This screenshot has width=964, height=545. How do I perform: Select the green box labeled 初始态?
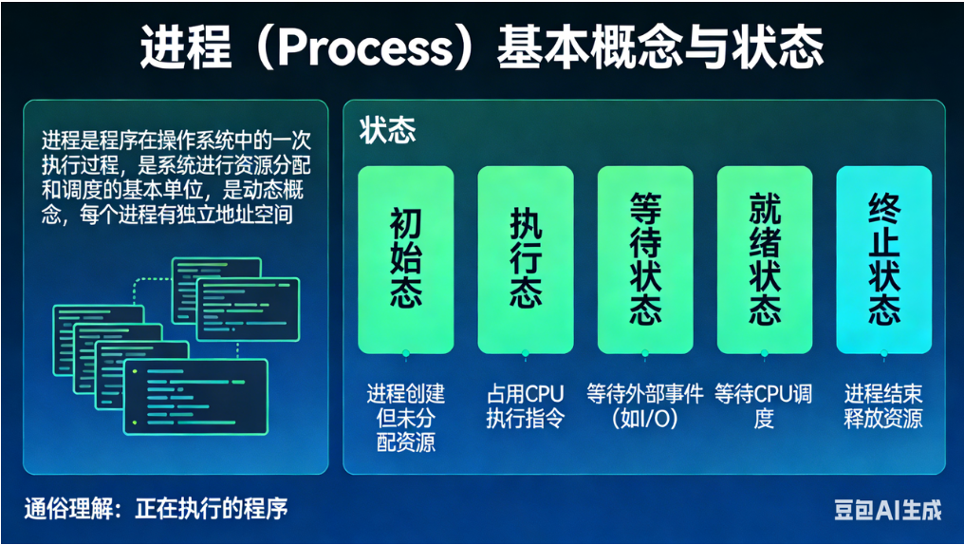(x=405, y=258)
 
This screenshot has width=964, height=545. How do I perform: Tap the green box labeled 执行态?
(x=525, y=258)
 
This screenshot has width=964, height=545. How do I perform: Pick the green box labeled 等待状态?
(x=645, y=258)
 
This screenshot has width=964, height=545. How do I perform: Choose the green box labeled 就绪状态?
(x=765, y=258)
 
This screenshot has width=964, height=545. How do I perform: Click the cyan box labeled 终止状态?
(x=883, y=258)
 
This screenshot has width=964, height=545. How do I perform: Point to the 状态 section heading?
(x=387, y=131)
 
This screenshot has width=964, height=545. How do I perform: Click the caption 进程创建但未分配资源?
(x=405, y=418)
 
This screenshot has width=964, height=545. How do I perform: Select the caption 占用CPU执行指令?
(x=525, y=406)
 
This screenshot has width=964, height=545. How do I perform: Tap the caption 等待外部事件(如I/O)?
(x=645, y=406)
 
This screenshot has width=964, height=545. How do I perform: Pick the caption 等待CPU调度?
(x=765, y=406)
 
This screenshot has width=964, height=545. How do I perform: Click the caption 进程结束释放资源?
(x=883, y=406)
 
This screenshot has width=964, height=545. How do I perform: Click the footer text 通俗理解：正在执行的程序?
(x=157, y=508)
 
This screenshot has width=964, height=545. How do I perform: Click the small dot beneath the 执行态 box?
(x=525, y=354)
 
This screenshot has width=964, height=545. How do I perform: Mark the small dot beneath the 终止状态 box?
(x=883, y=354)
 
